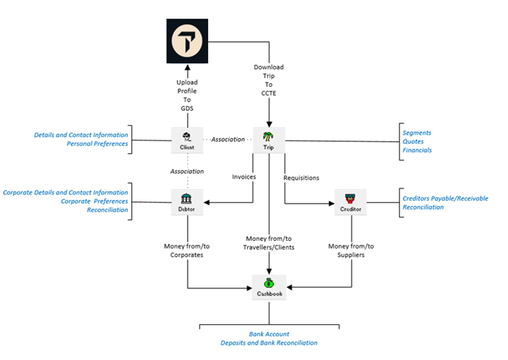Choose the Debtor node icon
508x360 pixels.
tap(187, 206)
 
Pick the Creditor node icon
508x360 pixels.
tap(351, 205)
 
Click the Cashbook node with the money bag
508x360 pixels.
tap(268, 288)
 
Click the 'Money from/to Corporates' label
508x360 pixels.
tap(188, 251)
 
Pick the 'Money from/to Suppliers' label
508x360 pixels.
tap(351, 251)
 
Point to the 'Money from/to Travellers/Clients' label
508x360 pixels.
tap(268, 243)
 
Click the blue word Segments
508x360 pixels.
tap(417, 133)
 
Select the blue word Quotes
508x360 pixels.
tap(413, 141)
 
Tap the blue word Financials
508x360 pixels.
tap(417, 150)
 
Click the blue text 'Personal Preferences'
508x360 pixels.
tap(98, 143)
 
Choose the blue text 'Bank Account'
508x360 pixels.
tap(271, 334)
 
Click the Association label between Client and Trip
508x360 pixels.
tap(228, 140)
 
